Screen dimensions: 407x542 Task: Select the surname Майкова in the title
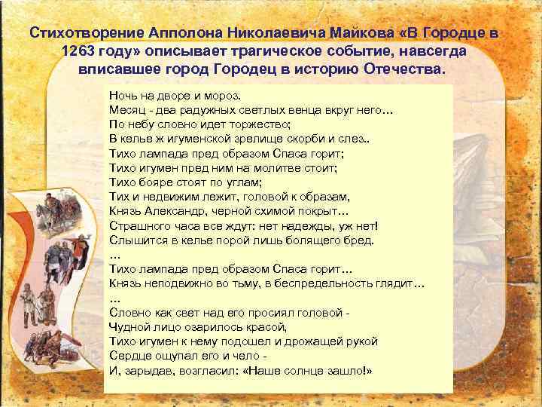[x=364, y=34]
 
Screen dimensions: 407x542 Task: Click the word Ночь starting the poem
[x=123, y=96]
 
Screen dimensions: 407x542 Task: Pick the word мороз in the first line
[x=224, y=96]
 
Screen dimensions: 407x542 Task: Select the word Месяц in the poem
[x=127, y=110]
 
